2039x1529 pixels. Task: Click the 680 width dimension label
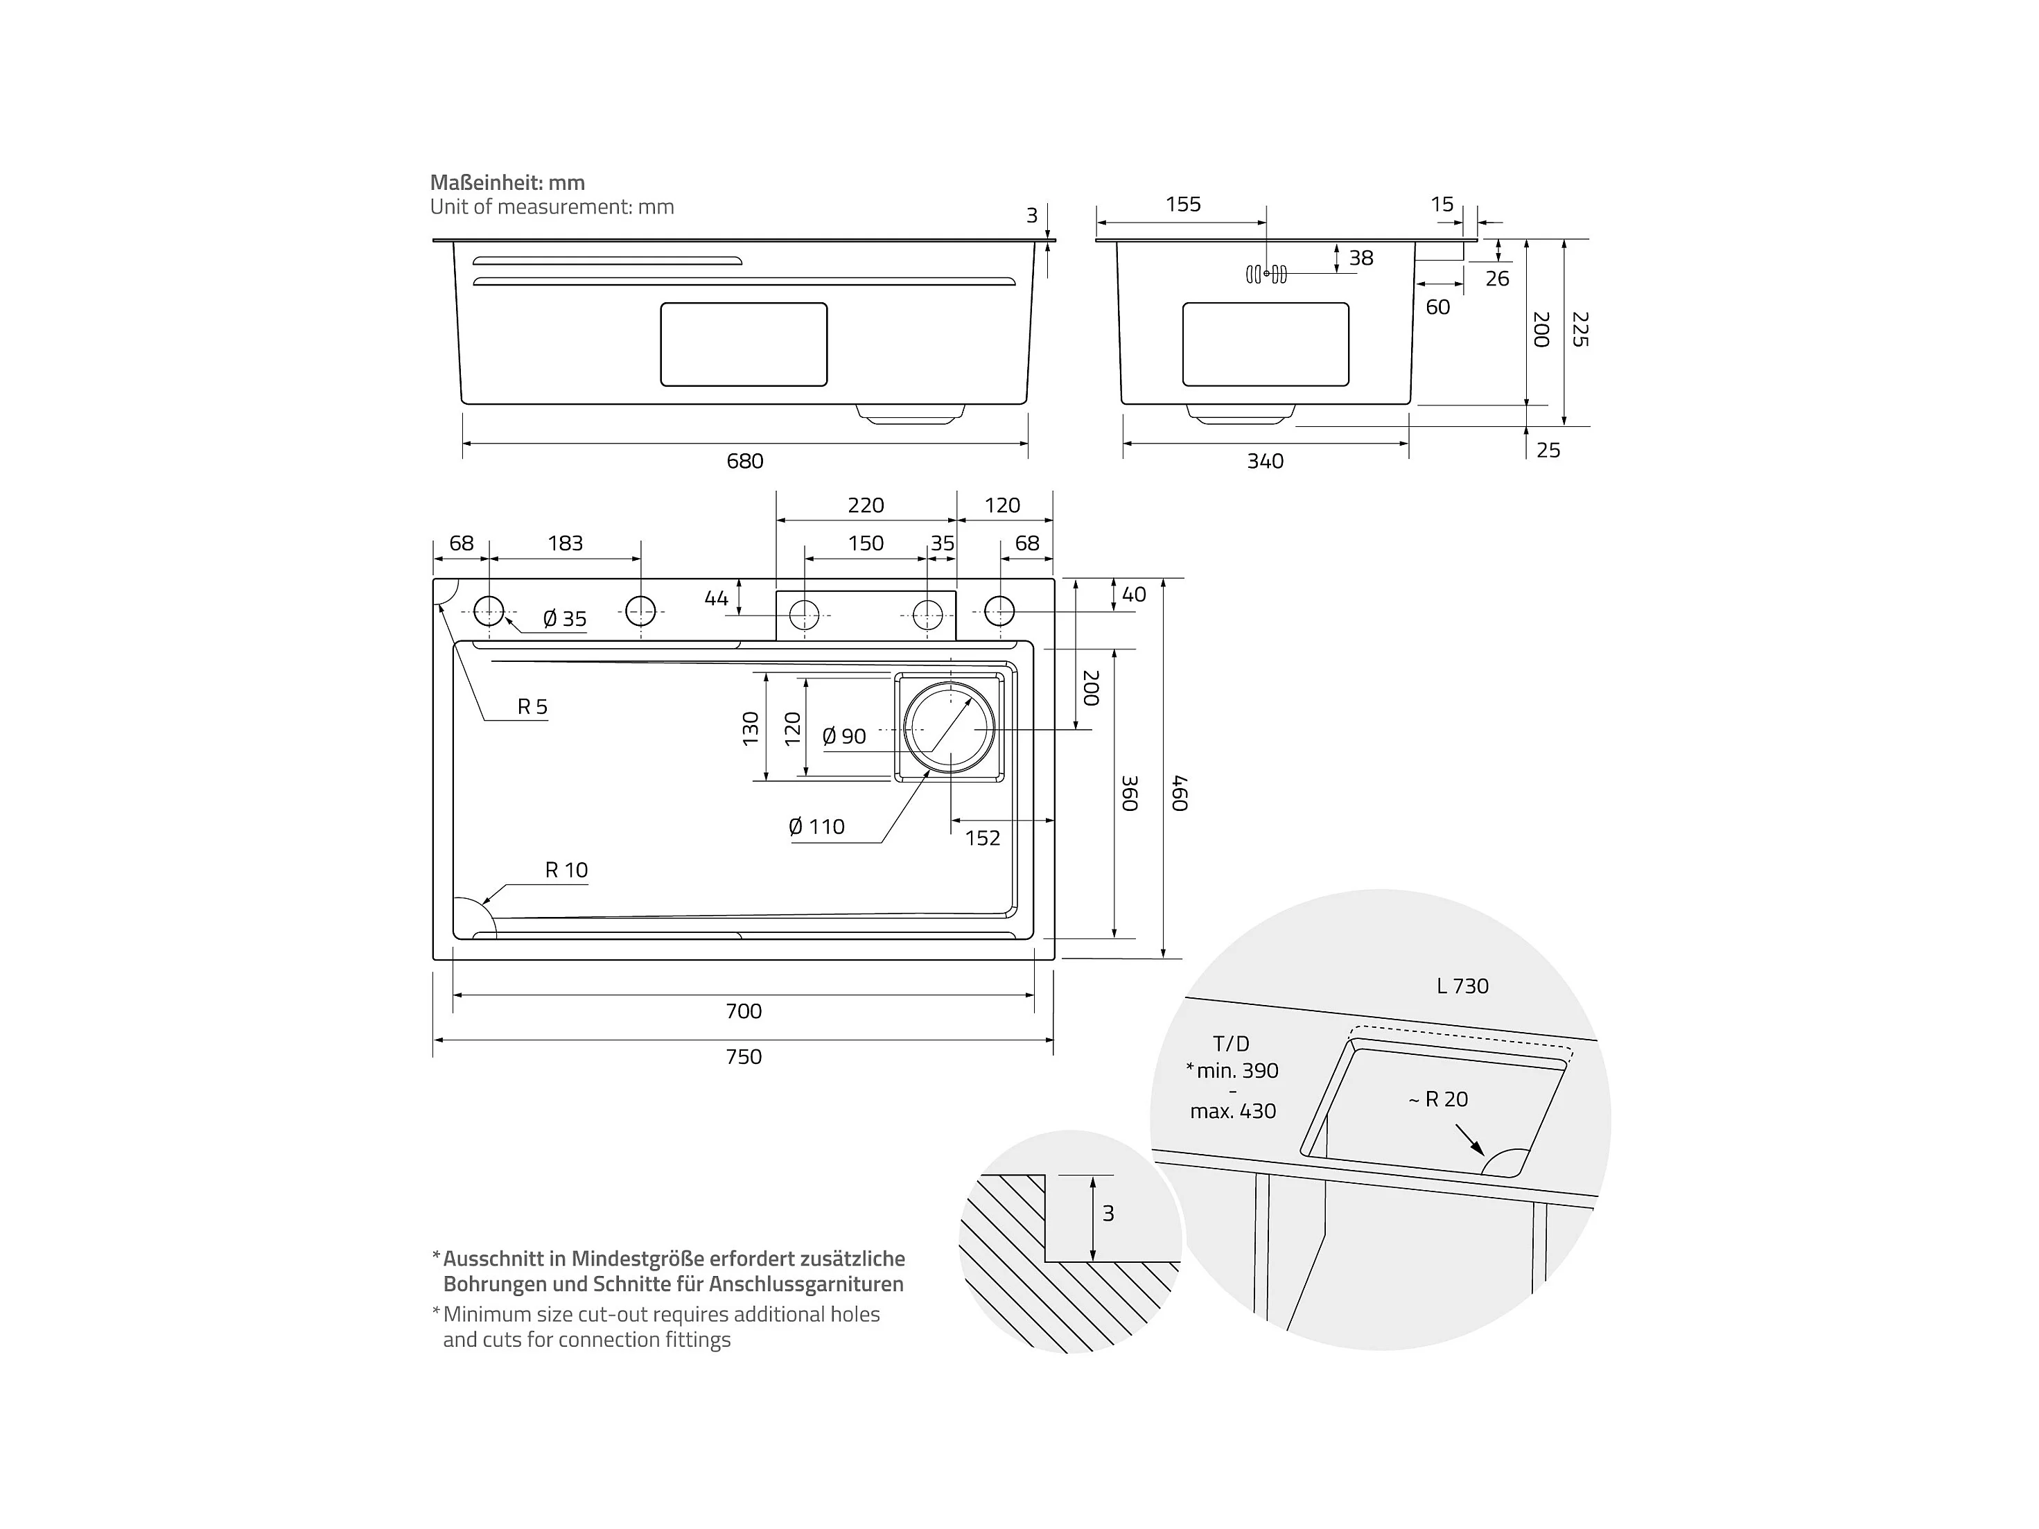pos(745,461)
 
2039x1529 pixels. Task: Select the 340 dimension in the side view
pos(1265,461)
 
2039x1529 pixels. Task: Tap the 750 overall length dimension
pos(744,1056)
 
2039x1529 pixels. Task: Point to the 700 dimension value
pos(744,1011)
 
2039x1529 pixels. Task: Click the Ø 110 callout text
pos(816,827)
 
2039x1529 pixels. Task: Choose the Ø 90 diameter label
pos(844,736)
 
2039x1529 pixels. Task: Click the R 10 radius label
pos(566,870)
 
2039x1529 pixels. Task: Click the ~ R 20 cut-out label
pos(1438,1099)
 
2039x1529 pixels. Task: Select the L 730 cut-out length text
pos(1463,986)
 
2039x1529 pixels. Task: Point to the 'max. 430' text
pos(1234,1112)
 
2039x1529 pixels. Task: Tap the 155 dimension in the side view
pos(1184,204)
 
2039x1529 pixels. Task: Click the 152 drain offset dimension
pos(983,838)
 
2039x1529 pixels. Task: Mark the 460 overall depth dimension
pos(1180,794)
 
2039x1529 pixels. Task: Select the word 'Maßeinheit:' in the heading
pos(487,182)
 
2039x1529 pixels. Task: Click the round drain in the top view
pos(950,728)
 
